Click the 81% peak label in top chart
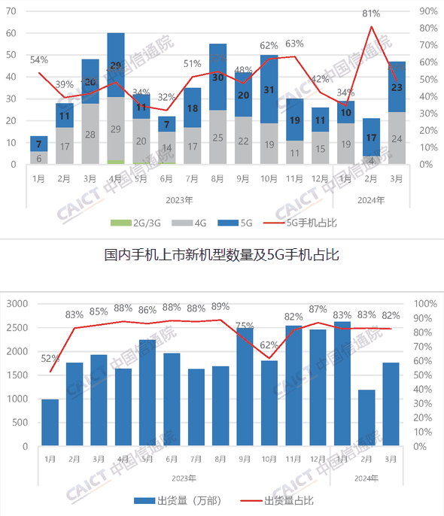pyautogui.click(x=369, y=14)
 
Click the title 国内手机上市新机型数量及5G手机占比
pyautogui.click(x=221, y=255)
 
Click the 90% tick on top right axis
pyautogui.click(x=429, y=11)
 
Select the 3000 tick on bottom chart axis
pyautogui.click(x=16, y=304)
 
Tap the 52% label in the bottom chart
pyautogui.click(x=50, y=359)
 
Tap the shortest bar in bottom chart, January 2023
pyautogui.click(x=50, y=422)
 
